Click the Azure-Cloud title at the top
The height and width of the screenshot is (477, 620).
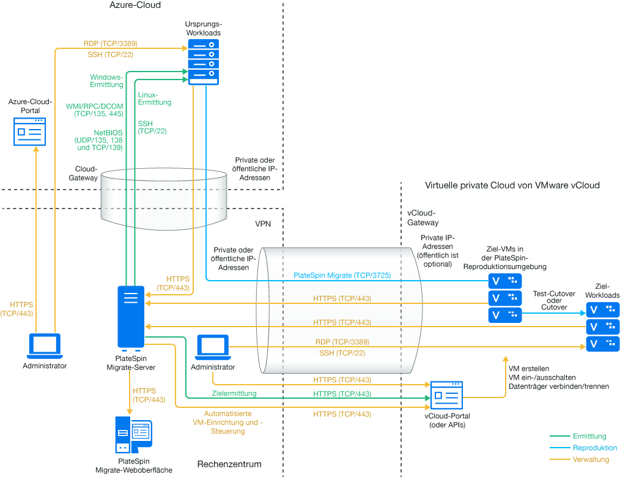(135, 6)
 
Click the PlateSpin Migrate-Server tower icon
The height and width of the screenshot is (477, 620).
(131, 317)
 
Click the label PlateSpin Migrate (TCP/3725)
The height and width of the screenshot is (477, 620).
(342, 276)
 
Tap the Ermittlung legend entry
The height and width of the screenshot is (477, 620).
(589, 436)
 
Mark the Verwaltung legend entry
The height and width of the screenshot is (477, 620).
(591, 459)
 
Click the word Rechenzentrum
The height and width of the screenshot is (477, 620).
(229, 464)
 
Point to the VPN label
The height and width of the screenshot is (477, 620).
(263, 224)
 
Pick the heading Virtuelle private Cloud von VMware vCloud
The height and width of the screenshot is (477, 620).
(512, 185)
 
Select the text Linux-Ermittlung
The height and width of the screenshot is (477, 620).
(155, 99)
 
